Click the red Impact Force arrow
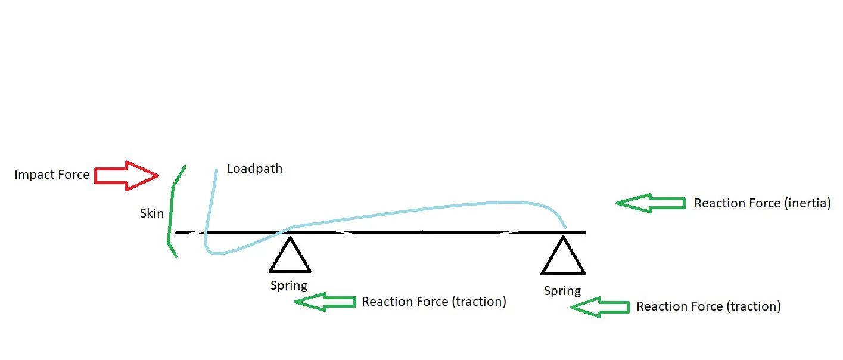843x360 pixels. coord(126,175)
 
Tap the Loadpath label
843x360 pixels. coord(255,169)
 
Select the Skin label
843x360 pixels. coord(152,213)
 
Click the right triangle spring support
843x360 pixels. coord(563,255)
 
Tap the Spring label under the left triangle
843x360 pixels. coord(289,286)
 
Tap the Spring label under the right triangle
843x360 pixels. coord(562,291)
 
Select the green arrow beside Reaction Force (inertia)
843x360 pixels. coord(651,203)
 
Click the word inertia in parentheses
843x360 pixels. coord(807,203)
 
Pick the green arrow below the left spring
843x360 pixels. coord(325,302)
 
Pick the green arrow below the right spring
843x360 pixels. coord(600,308)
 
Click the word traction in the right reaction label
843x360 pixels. coord(754,306)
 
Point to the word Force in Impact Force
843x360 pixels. coord(74,175)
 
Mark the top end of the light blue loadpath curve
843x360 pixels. coord(216,170)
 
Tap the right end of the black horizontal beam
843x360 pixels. coord(585,232)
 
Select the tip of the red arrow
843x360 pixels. coord(158,175)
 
